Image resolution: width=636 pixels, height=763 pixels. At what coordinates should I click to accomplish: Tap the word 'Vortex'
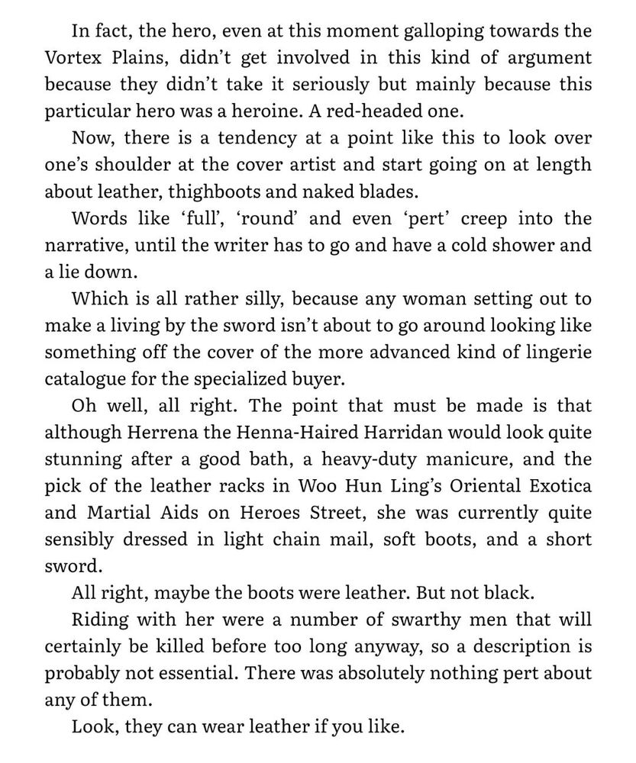click(x=73, y=58)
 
